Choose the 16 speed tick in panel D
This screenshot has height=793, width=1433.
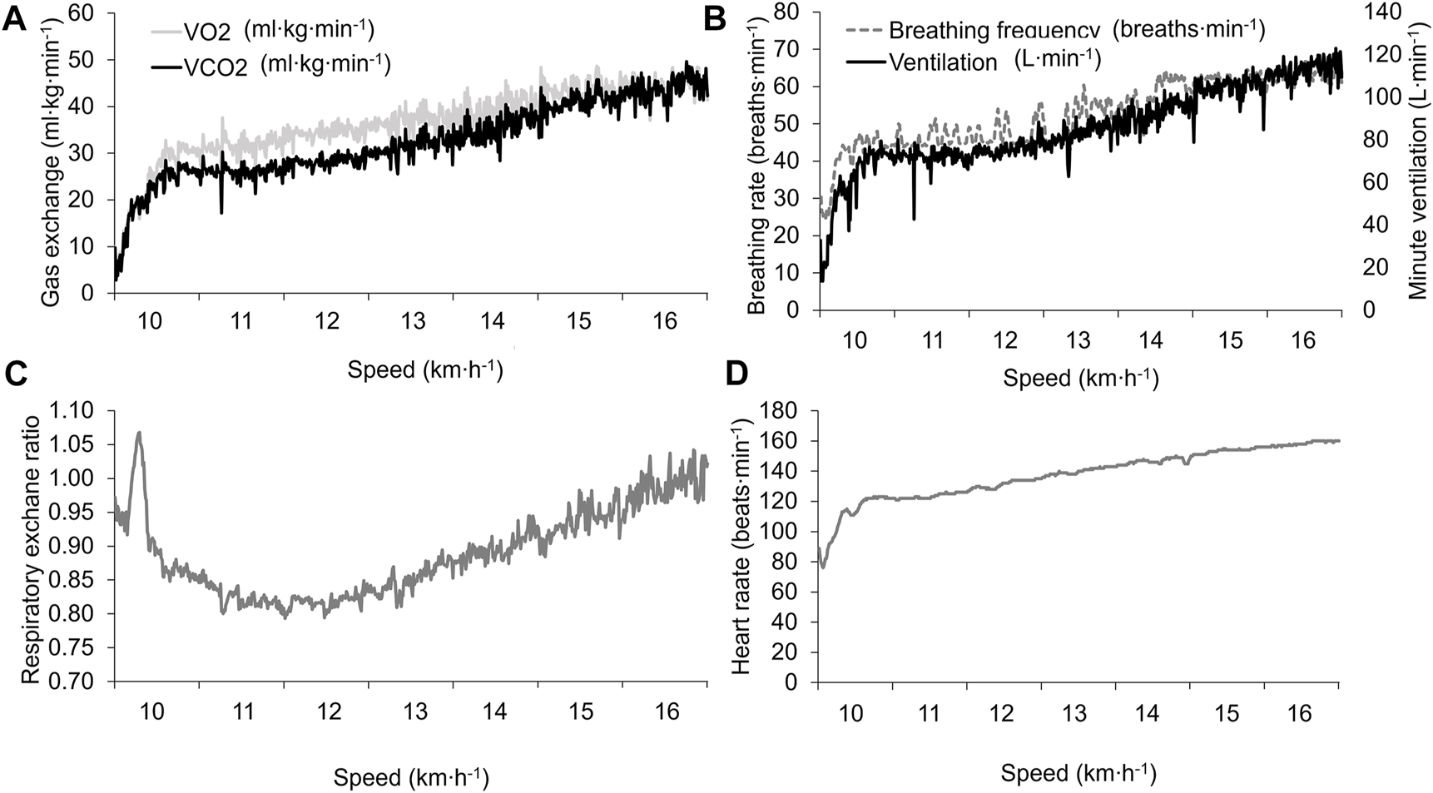click(1299, 713)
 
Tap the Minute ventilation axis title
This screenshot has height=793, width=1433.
click(1417, 160)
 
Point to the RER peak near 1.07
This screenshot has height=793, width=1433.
click(139, 433)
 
